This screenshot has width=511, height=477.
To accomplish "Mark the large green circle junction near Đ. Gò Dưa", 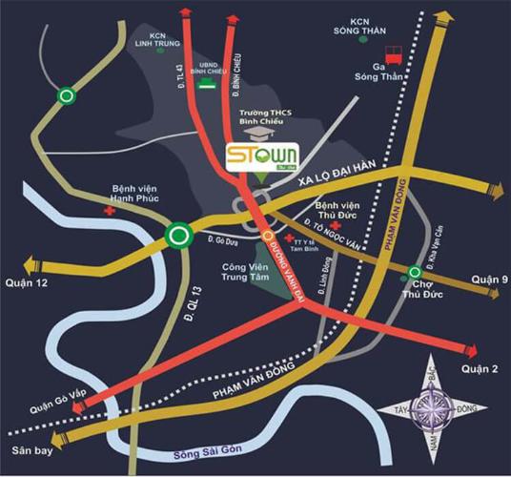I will [177, 236].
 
